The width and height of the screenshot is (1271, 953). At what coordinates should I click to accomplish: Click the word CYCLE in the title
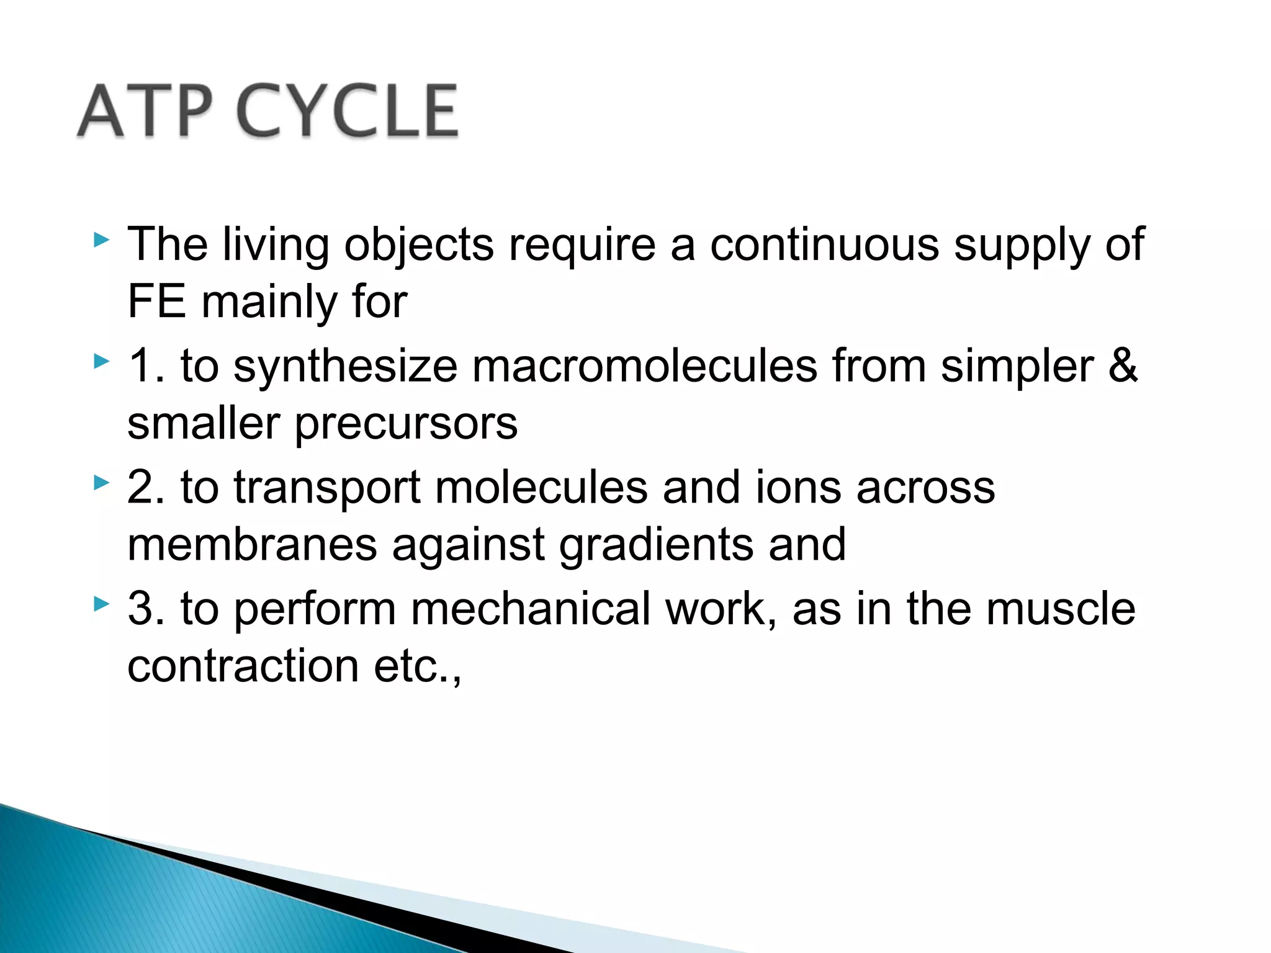348,112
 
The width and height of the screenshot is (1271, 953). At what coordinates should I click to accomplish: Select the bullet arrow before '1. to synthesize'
101,361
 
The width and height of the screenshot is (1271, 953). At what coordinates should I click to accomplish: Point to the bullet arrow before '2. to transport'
101,482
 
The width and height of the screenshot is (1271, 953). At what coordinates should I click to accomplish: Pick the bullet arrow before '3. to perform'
101,603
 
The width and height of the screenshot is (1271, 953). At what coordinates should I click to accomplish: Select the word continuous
824,244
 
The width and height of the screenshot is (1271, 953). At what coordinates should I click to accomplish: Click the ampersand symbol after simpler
1123,365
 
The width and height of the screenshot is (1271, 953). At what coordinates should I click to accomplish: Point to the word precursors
406,424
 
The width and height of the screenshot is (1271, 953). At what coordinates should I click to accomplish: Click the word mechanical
531,608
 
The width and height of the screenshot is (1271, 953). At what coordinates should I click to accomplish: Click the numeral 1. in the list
146,365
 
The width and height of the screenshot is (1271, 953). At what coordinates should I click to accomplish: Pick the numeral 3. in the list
146,608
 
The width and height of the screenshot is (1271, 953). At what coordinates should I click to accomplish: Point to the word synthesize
345,367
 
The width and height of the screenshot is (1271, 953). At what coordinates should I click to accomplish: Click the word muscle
1061,608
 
